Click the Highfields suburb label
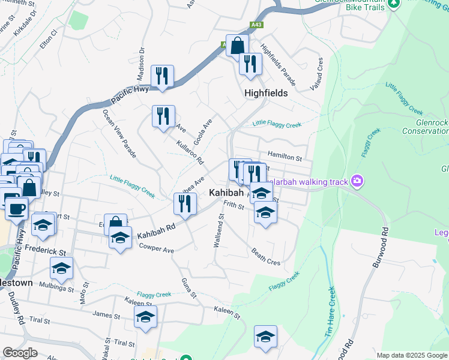[266, 94]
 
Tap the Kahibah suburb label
[226, 193]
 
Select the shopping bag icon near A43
[238, 45]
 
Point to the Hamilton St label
[285, 157]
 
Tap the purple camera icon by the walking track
[358, 181]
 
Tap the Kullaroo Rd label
[191, 153]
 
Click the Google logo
[20, 353]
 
